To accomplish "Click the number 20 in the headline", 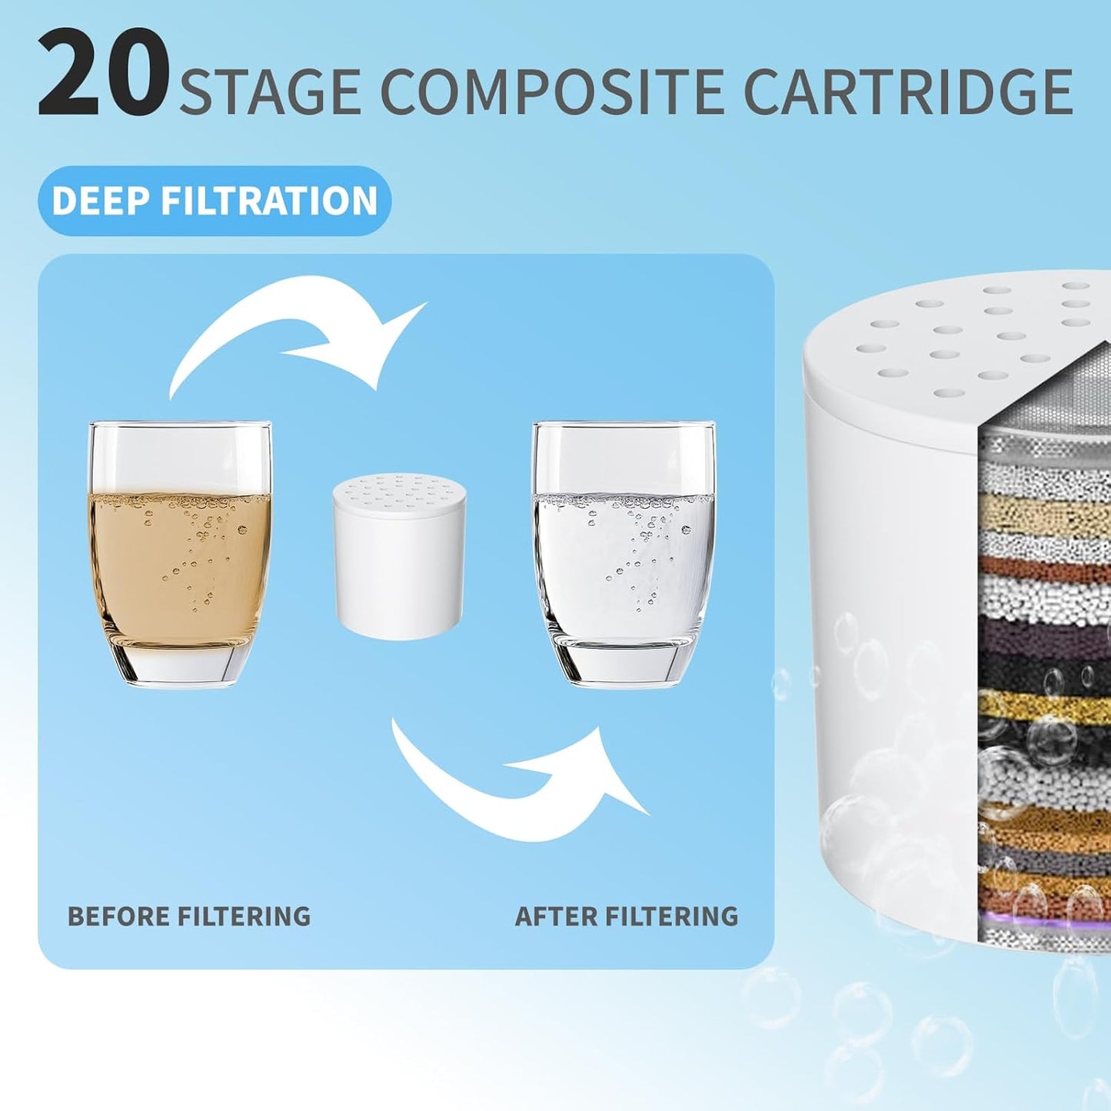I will (x=103, y=74).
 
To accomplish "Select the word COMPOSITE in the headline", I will (x=551, y=92).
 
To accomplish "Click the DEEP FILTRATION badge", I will (x=215, y=201).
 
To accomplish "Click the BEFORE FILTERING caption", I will (x=189, y=916).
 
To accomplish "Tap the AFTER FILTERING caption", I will (x=627, y=916).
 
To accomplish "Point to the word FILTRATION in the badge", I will (x=268, y=201).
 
